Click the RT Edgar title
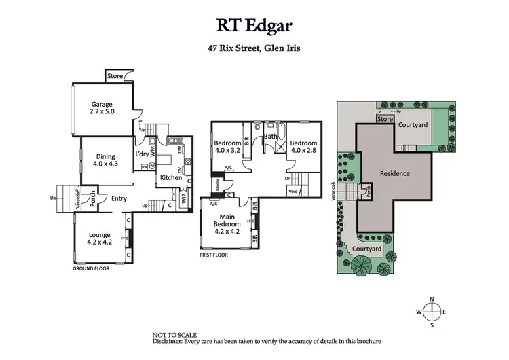[254, 25]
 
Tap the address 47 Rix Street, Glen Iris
[254, 48]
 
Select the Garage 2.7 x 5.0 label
[102, 109]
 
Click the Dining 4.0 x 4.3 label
[105, 159]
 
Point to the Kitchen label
[170, 177]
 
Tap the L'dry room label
[142, 154]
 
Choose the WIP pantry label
[183, 198]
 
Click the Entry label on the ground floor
[119, 198]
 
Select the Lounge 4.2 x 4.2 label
[99, 238]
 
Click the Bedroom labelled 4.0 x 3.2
[227, 147]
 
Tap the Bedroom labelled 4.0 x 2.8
[303, 147]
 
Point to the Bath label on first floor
[271, 137]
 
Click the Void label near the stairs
[293, 191]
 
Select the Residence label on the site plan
[394, 173]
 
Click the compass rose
[432, 312]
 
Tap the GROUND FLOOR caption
[91, 268]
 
